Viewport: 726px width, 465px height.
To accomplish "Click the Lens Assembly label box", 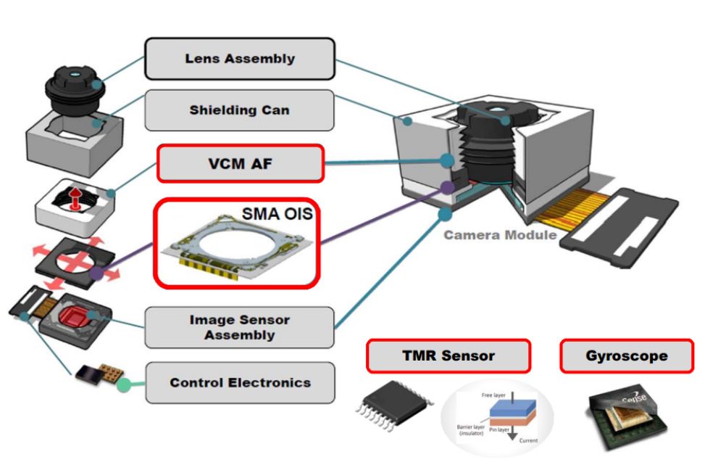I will pos(239,59).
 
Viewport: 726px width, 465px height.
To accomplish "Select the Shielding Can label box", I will pos(239,110).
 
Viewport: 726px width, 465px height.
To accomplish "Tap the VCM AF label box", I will pos(239,163).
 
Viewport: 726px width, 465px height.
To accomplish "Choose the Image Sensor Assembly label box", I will pos(239,327).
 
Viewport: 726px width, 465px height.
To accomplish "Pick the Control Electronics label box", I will pos(239,382).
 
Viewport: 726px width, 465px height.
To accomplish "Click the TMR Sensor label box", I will pos(448,356).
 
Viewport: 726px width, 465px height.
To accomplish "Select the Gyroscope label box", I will pos(627,356).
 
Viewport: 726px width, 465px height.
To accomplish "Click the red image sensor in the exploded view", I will pos(75,317).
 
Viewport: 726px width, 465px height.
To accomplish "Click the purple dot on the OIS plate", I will pos(97,274).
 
